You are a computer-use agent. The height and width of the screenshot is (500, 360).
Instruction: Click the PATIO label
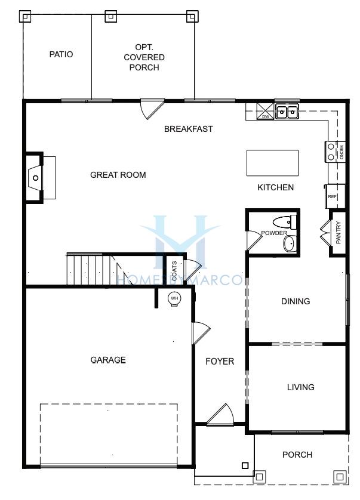click(61, 54)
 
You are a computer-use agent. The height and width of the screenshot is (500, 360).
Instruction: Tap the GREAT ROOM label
click(118, 175)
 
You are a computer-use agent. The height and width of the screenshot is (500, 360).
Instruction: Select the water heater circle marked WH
click(174, 299)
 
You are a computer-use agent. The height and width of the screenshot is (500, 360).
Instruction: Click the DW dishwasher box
click(266, 112)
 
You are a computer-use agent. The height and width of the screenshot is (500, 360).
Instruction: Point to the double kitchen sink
click(287, 112)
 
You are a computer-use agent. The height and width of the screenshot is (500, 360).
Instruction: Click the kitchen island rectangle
click(273, 163)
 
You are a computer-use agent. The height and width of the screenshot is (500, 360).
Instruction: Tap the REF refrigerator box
click(335, 196)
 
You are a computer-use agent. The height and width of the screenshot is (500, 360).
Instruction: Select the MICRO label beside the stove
click(341, 152)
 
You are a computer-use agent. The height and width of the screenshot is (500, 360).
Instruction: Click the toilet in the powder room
click(285, 221)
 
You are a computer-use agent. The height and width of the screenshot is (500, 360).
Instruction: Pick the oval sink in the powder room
click(290, 243)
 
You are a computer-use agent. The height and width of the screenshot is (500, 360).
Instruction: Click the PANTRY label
click(339, 233)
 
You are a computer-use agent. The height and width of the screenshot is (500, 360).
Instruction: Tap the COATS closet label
click(174, 271)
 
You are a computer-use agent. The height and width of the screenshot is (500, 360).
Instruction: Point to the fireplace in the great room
click(35, 178)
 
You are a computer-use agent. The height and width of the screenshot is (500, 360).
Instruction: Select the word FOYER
click(220, 362)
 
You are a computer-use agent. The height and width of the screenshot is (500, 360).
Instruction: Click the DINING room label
click(296, 301)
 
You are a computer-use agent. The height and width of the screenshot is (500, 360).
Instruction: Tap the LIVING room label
click(301, 387)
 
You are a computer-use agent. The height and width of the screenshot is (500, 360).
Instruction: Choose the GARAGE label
click(108, 360)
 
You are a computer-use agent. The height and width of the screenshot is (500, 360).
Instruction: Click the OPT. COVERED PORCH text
click(144, 57)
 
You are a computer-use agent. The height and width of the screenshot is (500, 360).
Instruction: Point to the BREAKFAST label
click(188, 129)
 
